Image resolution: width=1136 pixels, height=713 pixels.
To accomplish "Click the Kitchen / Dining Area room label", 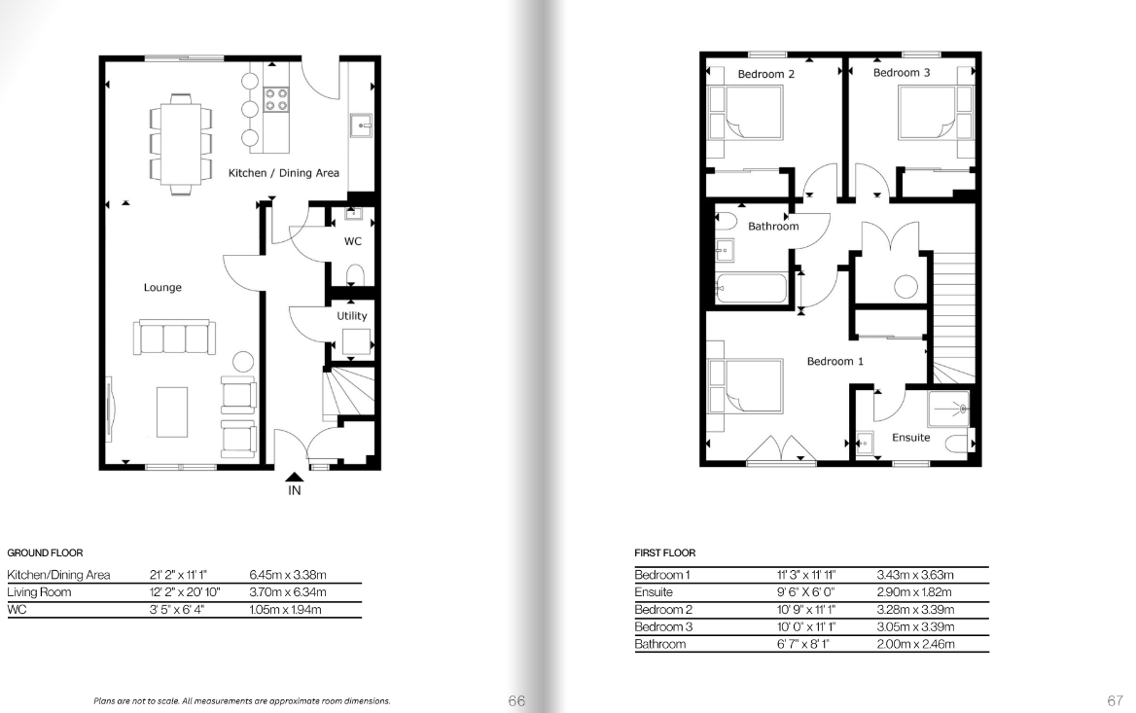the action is [x=283, y=173].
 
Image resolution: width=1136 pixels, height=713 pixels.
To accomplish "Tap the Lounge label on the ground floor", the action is [x=162, y=288].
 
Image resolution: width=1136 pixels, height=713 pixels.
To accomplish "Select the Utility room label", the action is [x=351, y=316].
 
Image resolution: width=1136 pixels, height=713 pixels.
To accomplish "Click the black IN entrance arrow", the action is [x=294, y=477].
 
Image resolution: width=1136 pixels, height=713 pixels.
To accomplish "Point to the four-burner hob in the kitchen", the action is [x=276, y=99].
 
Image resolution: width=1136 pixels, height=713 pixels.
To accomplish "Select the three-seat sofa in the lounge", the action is [x=174, y=338].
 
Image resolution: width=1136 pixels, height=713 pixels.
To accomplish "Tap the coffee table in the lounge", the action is [x=172, y=411].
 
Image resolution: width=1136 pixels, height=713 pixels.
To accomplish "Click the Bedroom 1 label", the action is [x=835, y=362].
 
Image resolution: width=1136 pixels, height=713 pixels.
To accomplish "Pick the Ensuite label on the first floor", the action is [x=910, y=438].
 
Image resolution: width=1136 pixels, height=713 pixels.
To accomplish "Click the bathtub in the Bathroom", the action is [x=751, y=288].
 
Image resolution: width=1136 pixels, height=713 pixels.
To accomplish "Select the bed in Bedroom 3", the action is [x=927, y=112].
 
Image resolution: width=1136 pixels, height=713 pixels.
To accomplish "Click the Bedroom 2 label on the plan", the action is [x=765, y=74].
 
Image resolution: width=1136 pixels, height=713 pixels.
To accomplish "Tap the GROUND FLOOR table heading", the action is [x=45, y=553].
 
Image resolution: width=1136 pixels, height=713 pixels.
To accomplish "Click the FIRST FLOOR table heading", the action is [x=665, y=553].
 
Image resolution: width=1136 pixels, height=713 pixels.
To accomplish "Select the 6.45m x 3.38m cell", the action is [x=288, y=575].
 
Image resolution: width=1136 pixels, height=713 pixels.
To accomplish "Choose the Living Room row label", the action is [x=39, y=592].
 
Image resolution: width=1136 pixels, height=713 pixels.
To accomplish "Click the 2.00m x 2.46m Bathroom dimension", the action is [x=916, y=644].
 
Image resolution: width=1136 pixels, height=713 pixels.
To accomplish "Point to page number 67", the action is [x=1115, y=700].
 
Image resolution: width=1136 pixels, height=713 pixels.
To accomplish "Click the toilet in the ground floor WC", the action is [x=355, y=275].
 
